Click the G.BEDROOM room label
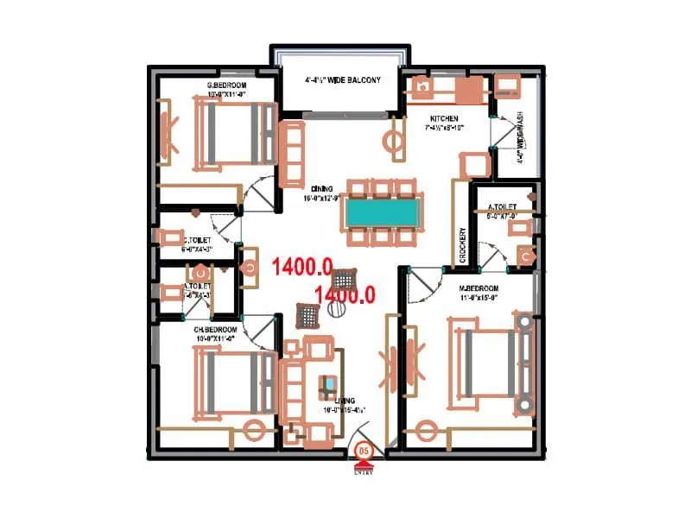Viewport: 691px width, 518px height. [x=222, y=85]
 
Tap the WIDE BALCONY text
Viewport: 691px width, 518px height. [x=343, y=79]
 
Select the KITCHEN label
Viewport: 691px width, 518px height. [x=444, y=118]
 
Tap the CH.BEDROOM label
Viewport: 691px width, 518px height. [x=215, y=330]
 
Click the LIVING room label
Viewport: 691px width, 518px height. [x=345, y=401]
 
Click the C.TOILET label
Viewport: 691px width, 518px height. [x=195, y=239]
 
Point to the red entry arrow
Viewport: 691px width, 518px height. [x=365, y=465]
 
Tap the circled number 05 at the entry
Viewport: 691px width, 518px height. [x=365, y=451]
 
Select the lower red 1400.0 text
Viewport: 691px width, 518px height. [x=345, y=294]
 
